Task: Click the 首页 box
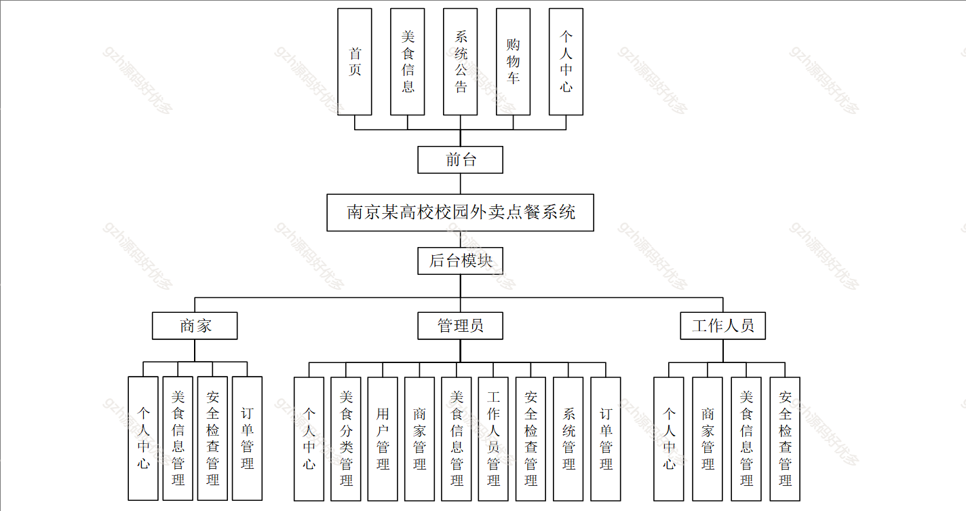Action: coord(354,62)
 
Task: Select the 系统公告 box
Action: coord(461,62)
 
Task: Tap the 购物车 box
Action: coord(513,62)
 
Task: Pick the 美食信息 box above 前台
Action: coord(408,62)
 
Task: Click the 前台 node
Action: coord(461,160)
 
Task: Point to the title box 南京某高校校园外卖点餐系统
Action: coord(461,212)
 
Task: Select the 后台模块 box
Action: coord(461,261)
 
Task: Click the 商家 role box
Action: coord(195,326)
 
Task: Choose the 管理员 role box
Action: coord(461,326)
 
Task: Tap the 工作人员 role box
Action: coord(723,326)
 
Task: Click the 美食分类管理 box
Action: coord(346,438)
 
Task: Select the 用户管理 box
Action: coord(383,438)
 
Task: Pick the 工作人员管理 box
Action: coord(493,438)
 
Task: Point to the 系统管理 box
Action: coord(568,438)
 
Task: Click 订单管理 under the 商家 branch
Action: coord(247,438)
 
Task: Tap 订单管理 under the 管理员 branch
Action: coord(606,438)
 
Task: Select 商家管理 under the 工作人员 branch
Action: coord(708,438)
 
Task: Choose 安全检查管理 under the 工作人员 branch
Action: coord(785,438)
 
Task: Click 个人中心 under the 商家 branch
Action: coord(143,438)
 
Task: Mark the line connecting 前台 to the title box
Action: coord(461,184)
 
